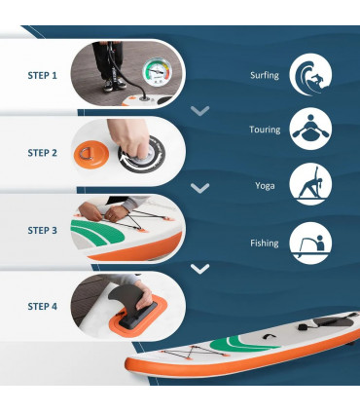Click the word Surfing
tap(265, 74)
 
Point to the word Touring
tap(264, 129)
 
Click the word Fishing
tap(265, 243)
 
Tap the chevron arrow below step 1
tap(200, 111)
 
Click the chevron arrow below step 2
tap(200, 188)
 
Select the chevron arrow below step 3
tap(200, 268)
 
